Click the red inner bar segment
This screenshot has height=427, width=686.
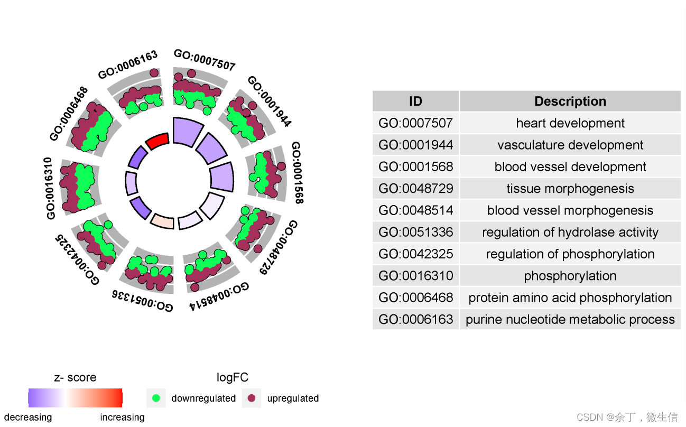157,141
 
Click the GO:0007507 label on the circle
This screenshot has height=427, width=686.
204,60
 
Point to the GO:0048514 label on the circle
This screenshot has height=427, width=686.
219,296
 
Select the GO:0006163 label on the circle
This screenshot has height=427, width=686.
128,64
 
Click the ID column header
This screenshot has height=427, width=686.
415,101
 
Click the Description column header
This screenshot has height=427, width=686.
570,101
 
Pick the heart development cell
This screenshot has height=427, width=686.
570,123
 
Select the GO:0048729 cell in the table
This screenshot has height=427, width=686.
415,189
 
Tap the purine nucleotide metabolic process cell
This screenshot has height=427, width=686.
570,319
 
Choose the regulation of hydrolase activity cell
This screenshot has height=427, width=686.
570,232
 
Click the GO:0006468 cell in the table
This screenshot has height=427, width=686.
415,298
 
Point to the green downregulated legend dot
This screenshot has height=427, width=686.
156,398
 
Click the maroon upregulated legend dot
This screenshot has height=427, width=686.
252,398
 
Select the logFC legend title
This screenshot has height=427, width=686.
232,377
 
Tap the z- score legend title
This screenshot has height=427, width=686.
75,377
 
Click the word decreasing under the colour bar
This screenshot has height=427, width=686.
28,417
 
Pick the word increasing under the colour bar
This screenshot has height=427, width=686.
122,417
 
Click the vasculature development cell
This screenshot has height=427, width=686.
570,145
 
